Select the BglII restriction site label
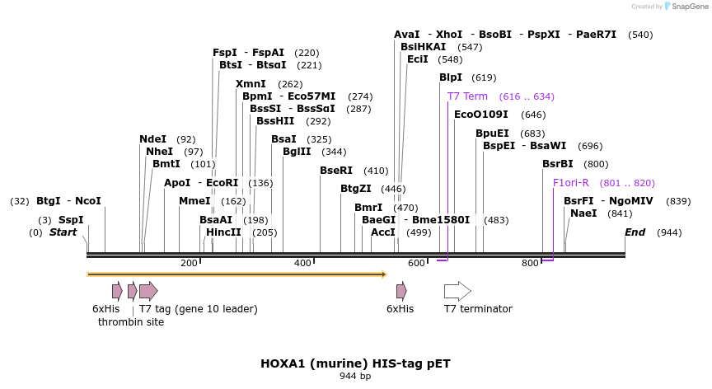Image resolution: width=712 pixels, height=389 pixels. coord(297,152)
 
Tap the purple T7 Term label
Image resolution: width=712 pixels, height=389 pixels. coord(467,96)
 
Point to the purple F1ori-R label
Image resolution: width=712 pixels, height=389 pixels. coord(571,183)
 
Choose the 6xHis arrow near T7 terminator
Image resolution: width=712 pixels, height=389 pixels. coord(401,291)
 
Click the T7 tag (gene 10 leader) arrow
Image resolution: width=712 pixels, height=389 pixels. coord(148,291)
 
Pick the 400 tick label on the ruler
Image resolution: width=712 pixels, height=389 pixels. coord(302,263)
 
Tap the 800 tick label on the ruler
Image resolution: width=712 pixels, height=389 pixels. coord(530,263)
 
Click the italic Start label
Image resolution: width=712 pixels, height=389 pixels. coord(63,232)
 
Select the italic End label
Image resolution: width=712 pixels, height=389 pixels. coord(635,232)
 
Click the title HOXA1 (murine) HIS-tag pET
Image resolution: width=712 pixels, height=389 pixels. coord(355,363)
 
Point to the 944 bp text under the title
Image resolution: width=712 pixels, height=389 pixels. coord(355,377)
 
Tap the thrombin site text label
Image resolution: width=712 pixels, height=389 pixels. coord(131,322)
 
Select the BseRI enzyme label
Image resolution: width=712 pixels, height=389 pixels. coord(335,171)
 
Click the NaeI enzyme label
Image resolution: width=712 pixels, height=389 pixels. coord(583,213)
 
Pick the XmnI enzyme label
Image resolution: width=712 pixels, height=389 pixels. coord(251,84)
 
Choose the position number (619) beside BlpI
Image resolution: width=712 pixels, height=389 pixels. coord(484,77)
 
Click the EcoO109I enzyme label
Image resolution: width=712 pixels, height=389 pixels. coord(480,115)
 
